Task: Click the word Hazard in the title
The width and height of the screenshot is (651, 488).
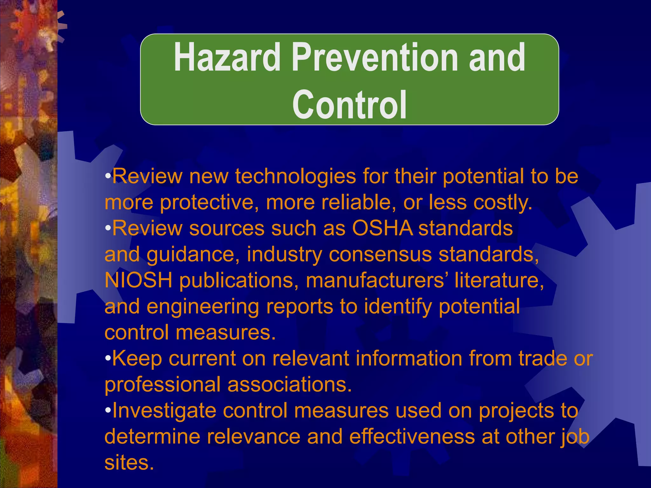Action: click(x=227, y=58)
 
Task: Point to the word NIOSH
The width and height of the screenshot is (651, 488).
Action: click(x=138, y=280)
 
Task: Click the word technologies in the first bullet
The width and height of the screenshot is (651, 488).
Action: click(x=295, y=176)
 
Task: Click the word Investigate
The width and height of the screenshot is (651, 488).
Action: click(x=164, y=410)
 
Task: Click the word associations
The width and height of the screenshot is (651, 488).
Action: click(x=290, y=384)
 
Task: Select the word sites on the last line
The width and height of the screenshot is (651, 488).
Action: click(x=129, y=463)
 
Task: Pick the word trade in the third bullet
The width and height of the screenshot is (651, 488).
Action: click(x=543, y=358)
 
